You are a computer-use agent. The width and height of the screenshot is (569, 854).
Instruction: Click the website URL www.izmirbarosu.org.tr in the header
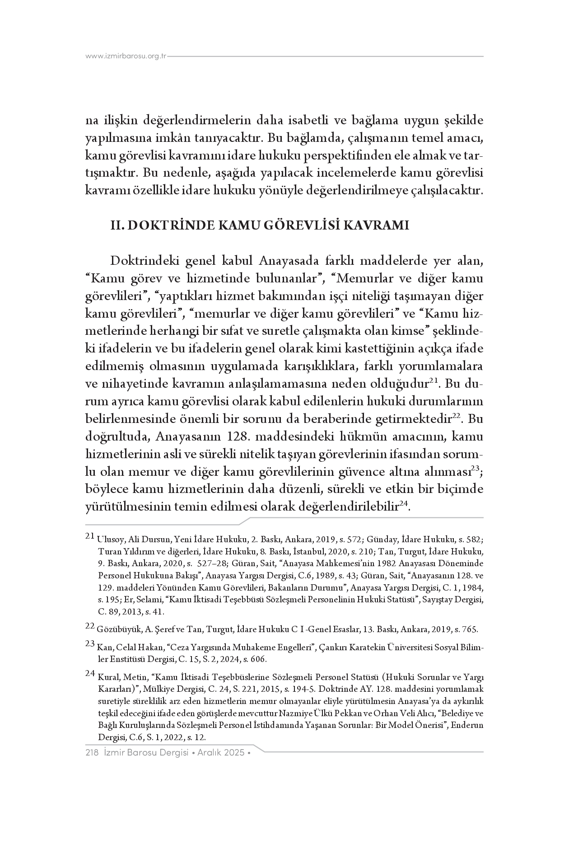(x=126, y=56)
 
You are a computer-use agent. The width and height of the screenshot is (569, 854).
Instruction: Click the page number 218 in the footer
(x=92, y=753)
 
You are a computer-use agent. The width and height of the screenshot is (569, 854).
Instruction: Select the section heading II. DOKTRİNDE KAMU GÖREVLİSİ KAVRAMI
(x=260, y=225)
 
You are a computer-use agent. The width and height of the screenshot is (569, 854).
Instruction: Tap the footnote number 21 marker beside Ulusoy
(x=89, y=537)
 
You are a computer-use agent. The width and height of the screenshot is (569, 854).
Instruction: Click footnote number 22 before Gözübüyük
(x=89, y=626)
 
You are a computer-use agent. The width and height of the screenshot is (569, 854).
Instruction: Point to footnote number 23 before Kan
(x=89, y=643)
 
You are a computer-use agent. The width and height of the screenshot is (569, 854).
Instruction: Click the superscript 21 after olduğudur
(x=434, y=381)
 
